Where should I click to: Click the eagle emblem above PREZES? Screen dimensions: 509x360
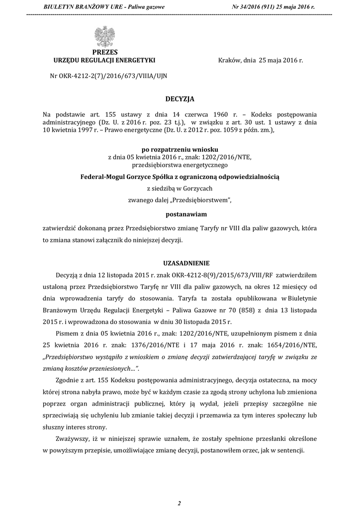coord(104,38)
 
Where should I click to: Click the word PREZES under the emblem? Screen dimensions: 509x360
coord(104,52)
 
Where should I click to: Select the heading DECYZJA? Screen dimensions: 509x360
coord(180,99)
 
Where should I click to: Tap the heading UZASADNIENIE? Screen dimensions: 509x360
coord(180,262)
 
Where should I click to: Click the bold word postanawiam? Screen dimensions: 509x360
coord(180,214)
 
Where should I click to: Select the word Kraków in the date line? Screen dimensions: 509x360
coord(230,60)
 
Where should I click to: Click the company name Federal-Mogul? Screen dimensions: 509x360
coord(104,176)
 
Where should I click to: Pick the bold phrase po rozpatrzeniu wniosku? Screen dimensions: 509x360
coord(180,149)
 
